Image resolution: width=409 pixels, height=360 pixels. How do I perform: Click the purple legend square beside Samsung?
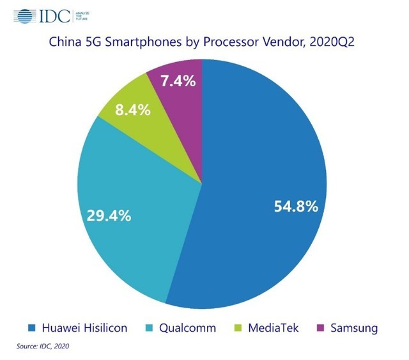coord(321,329)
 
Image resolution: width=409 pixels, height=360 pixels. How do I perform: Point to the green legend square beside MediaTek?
coord(237,329)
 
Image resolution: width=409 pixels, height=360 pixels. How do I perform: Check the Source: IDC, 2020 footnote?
coord(42,347)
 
